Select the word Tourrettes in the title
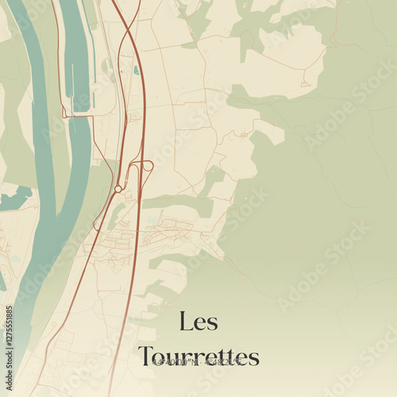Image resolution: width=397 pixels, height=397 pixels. tap(198, 357)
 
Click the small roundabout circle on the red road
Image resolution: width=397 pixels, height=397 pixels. tap(118, 189)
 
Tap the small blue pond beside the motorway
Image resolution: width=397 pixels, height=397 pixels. tap(137, 70)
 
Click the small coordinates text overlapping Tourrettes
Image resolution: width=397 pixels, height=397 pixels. tap(198, 362)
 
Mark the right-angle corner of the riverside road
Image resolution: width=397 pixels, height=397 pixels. tap(69, 117)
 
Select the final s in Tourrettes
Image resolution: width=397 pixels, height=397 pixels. tap(253, 357)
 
